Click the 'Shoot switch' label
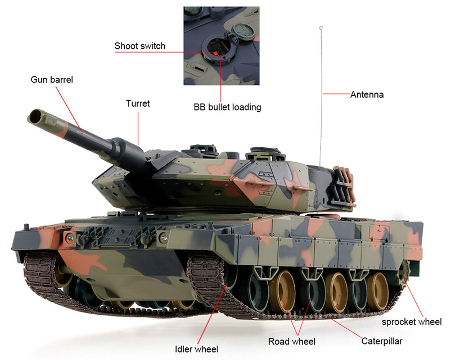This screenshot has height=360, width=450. click(x=139, y=46)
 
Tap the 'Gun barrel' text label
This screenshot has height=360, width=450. click(x=52, y=80)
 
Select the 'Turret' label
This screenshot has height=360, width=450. click(x=138, y=103)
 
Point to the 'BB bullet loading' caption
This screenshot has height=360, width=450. click(x=227, y=107)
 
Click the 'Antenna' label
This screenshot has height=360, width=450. click(x=367, y=94)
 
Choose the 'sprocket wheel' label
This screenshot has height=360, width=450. click(x=411, y=322)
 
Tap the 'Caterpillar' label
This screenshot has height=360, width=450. click(x=381, y=341)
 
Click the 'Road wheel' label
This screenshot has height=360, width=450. click(x=292, y=341)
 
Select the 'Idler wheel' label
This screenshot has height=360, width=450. click(x=196, y=349)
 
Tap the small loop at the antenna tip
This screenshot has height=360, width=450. click(x=321, y=28)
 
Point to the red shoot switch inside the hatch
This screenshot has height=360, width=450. click(x=215, y=53)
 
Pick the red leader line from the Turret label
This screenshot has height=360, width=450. click(x=138, y=127)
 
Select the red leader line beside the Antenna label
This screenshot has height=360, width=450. click(x=336, y=94)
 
